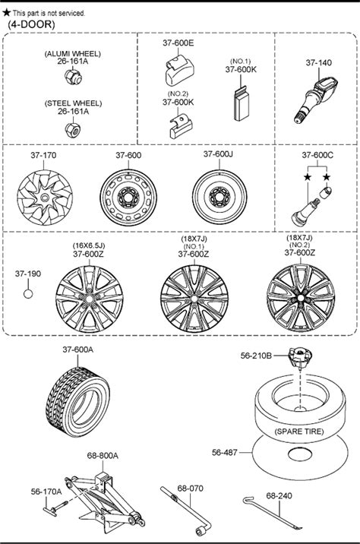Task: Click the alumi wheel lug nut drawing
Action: (x=73, y=76)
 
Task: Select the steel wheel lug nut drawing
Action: (x=73, y=128)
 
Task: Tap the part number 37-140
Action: (x=318, y=63)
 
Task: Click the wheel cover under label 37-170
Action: (x=45, y=198)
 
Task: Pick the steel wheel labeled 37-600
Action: (x=128, y=198)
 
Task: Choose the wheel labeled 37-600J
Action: (x=219, y=197)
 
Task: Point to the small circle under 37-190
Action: (x=28, y=294)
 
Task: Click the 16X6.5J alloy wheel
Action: (x=90, y=299)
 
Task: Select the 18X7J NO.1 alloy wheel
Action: (x=194, y=299)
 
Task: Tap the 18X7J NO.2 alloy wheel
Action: (x=301, y=298)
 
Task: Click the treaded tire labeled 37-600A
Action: (x=77, y=402)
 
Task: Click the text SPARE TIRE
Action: (x=299, y=432)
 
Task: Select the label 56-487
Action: (x=224, y=452)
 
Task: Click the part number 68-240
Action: (x=279, y=496)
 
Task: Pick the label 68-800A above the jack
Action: (x=103, y=455)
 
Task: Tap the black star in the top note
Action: (x=6, y=13)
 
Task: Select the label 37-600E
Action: (x=178, y=43)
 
